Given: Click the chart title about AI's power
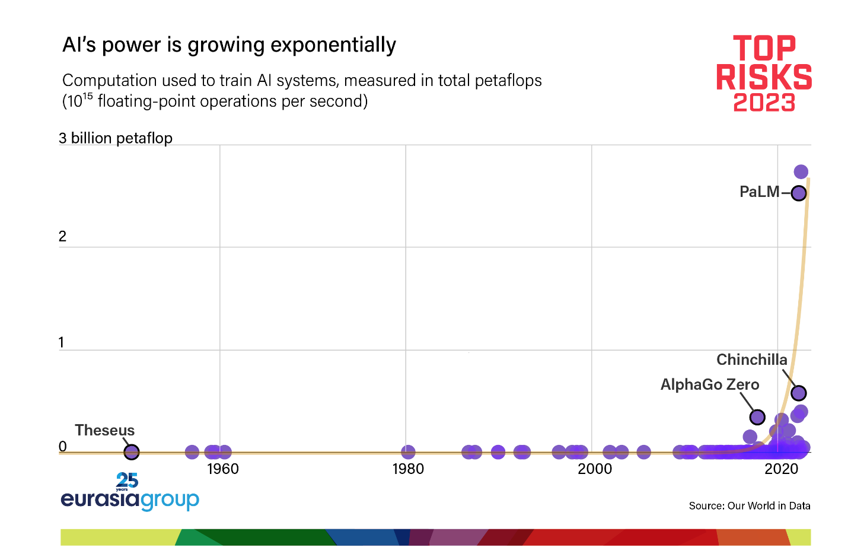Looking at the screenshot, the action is tap(229, 45).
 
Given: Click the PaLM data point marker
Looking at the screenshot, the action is tap(799, 193).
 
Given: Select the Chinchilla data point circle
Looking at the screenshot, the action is tap(799, 393).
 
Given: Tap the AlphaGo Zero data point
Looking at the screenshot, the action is tap(757, 417).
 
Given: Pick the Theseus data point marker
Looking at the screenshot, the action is tap(131, 451).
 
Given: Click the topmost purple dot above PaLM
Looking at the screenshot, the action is tap(801, 171).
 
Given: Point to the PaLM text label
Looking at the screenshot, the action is tap(760, 192).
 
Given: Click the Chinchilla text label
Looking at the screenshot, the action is tap(752, 359).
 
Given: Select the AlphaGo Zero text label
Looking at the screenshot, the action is tap(709, 384).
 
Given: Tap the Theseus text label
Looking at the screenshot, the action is tap(104, 430).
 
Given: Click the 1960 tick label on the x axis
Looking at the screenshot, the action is tap(223, 469).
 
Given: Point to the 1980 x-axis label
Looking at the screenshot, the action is tap(408, 469).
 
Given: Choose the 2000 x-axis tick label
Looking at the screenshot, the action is tap(595, 469).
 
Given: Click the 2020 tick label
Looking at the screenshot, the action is tap(781, 469).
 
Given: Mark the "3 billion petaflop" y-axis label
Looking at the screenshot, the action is tap(115, 138).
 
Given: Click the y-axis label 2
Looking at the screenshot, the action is tap(62, 236).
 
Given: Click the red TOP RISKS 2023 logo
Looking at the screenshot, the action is tap(764, 74).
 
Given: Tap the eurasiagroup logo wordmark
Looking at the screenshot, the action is tap(130, 499).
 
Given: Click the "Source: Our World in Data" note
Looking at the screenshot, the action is tap(750, 506).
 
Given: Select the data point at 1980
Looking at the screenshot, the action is tap(408, 451).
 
